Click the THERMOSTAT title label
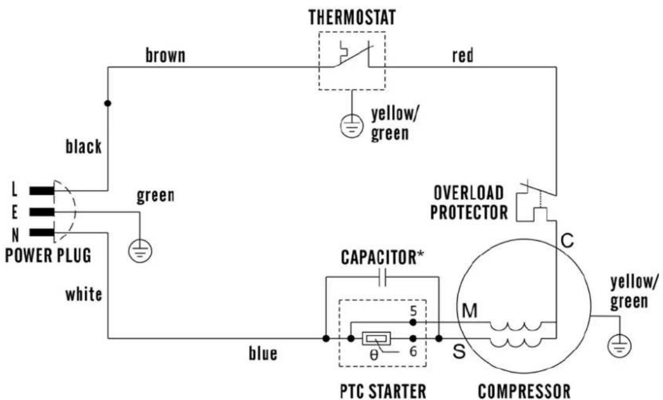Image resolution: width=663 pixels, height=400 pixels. (352, 18)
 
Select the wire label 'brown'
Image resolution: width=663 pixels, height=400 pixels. (165, 55)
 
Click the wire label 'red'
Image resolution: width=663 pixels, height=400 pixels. (463, 55)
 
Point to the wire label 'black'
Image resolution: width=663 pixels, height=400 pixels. (84, 146)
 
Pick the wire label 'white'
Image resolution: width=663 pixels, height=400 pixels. (84, 294)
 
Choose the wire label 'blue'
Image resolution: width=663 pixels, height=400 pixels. (263, 353)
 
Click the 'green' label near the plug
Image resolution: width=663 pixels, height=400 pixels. (155, 196)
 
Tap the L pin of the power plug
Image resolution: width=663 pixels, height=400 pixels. (42, 191)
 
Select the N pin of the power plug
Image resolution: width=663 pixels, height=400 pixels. (42, 232)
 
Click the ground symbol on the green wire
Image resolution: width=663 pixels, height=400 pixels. (140, 251)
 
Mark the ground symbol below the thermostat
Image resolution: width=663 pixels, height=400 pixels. (352, 126)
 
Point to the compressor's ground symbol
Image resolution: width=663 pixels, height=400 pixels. (620, 345)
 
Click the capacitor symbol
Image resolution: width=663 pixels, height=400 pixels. (382, 277)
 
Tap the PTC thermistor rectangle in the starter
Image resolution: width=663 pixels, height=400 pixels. (376, 338)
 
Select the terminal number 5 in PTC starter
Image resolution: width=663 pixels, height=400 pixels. (413, 311)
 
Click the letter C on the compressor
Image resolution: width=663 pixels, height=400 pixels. (567, 241)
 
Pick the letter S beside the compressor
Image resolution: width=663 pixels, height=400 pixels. (459, 351)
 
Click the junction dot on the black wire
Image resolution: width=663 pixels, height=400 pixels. (108, 103)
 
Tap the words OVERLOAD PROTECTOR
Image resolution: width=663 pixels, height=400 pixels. (469, 202)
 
